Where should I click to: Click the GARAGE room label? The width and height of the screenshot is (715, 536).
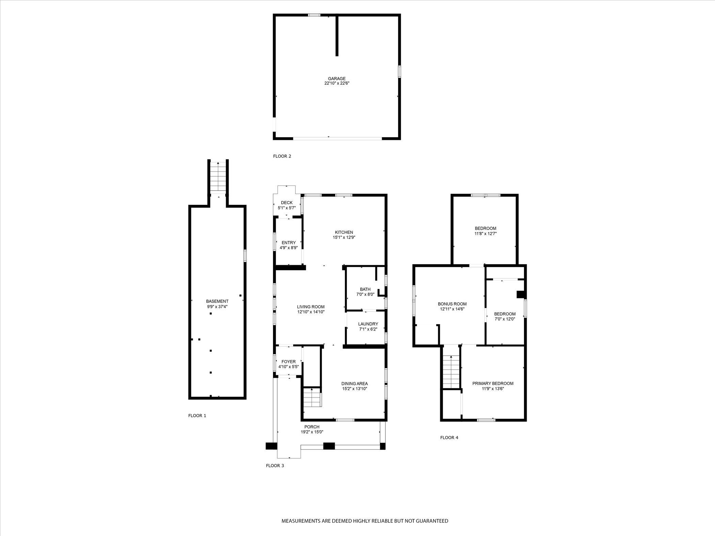pos(336,79)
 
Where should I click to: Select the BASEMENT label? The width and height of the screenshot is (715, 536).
pos(217,301)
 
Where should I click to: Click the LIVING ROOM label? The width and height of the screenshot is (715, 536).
pos(311,307)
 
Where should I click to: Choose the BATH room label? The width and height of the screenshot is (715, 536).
pos(365,289)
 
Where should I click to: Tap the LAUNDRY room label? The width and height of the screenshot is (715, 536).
pos(368,324)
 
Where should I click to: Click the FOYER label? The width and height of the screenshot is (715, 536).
pos(288,361)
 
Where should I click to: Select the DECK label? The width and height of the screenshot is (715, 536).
pos(287,202)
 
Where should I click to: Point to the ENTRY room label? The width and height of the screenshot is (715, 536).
pos(288,243)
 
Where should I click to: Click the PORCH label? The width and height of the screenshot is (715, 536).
pos(312,427)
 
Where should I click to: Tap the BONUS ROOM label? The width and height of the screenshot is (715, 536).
pos(452,304)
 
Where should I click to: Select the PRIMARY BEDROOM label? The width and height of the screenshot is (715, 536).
pos(492,384)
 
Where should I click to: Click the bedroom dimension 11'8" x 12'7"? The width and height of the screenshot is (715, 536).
pos(485,234)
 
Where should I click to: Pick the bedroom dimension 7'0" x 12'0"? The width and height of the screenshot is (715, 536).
pos(505,319)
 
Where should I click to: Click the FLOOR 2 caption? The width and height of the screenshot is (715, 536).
pos(282,156)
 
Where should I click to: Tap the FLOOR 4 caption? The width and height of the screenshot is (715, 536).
pos(449,438)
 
